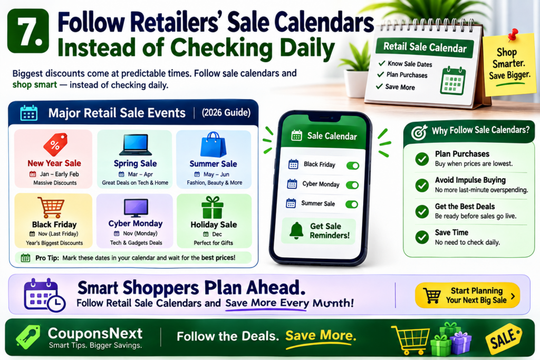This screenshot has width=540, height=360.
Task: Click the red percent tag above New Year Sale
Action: pos(55,144)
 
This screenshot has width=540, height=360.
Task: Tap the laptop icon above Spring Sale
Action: pos(136,145)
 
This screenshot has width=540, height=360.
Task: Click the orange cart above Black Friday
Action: pos(52,208)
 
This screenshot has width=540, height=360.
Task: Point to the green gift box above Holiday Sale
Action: pos(213,208)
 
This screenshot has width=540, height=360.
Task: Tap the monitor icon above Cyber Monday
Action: pos(136,208)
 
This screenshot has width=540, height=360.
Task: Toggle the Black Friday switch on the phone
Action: pos(353,166)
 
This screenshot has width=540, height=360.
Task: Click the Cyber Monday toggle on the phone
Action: pos(352,185)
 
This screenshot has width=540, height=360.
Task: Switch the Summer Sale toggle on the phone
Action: pos(352,205)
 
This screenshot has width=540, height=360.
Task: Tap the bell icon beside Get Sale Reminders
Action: pos(296,230)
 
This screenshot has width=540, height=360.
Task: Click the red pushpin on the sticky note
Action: pos(513,34)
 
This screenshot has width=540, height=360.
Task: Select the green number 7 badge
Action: pos(28,31)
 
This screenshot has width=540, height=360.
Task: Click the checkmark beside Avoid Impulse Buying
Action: pos(422,185)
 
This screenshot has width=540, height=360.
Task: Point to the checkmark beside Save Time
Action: pos(422,237)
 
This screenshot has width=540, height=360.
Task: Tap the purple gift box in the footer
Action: pos(460,343)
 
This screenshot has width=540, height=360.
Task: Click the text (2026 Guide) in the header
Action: pos(226,113)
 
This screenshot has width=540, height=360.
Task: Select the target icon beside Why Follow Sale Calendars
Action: pos(419,132)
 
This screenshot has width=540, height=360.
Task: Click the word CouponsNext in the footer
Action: pos(95,333)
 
